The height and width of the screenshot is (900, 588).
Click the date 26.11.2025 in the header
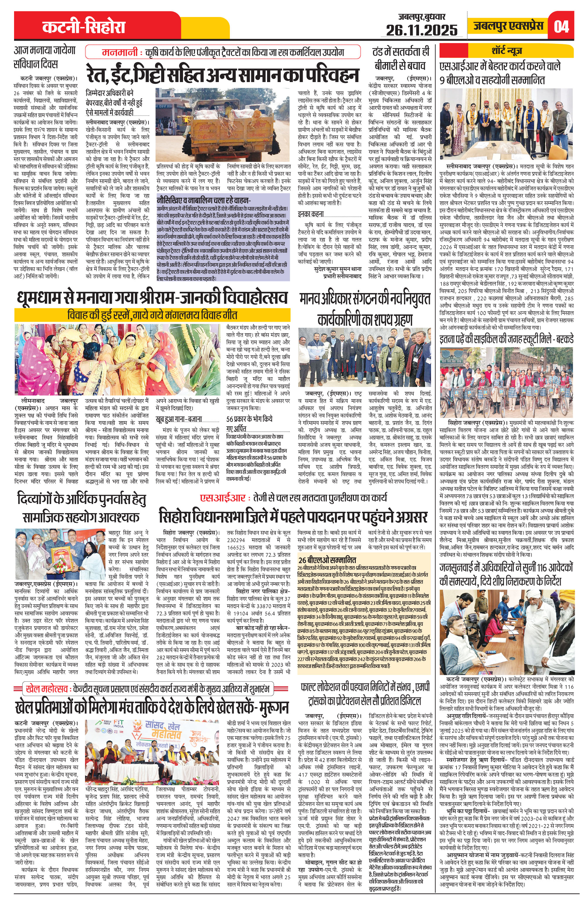(421, 30)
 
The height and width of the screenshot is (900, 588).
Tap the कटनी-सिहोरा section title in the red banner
(83, 27)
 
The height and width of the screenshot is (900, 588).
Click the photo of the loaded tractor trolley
(223, 124)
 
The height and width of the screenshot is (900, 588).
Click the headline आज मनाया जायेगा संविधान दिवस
(45, 57)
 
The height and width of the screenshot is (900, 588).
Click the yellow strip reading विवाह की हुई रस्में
(152, 314)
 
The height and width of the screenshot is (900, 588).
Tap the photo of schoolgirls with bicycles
(506, 381)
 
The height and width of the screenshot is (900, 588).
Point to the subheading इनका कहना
(310, 214)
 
